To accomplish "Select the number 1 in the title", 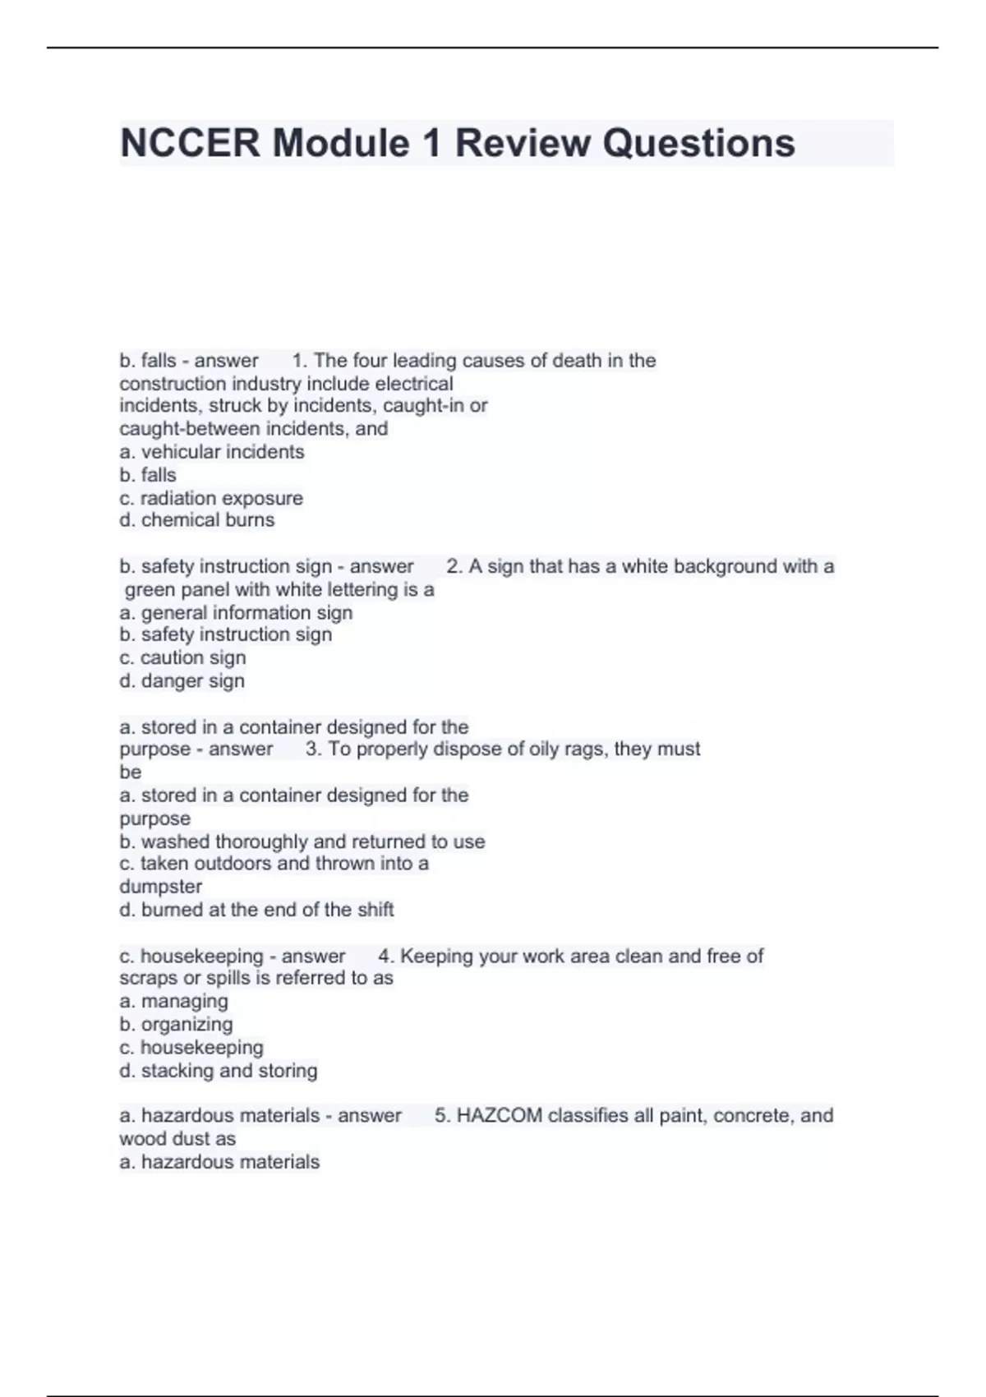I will [431, 143].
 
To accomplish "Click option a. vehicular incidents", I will [212, 452].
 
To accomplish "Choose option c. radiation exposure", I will [211, 498].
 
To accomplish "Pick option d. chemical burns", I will [197, 520].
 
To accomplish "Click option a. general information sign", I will [236, 613].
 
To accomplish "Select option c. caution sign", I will [182, 657].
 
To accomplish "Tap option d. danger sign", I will [182, 680].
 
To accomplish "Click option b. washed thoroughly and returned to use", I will [302, 841].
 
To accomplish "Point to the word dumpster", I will [160, 887].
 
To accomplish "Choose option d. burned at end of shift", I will [256, 910].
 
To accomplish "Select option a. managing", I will [173, 1001].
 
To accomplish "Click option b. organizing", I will [176, 1024].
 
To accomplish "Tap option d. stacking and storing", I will [218, 1071].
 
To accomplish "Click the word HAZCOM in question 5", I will [499, 1115].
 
